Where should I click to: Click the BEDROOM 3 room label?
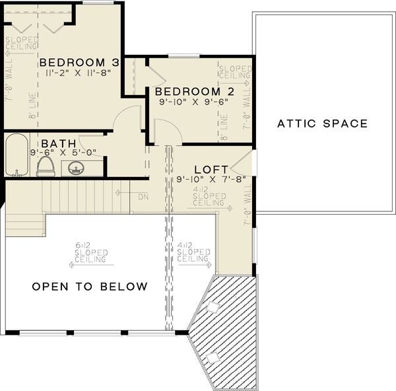pyautogui.click(x=79, y=63)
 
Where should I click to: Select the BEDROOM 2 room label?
pyautogui.click(x=186, y=91)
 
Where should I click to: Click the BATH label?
pyautogui.click(x=58, y=143)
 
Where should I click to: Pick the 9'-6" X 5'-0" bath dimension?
pyautogui.click(x=63, y=152)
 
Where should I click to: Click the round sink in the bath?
pyautogui.click(x=75, y=169)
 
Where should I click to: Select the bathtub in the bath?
pyautogui.click(x=17, y=155)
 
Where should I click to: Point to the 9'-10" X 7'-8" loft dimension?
pyautogui.click(x=201, y=178)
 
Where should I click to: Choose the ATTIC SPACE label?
pyautogui.click(x=322, y=124)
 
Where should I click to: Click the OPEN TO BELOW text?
pyautogui.click(x=90, y=287)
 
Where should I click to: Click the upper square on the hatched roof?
pyautogui.click(x=213, y=306)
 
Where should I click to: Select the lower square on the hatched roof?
pyautogui.click(x=212, y=358)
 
